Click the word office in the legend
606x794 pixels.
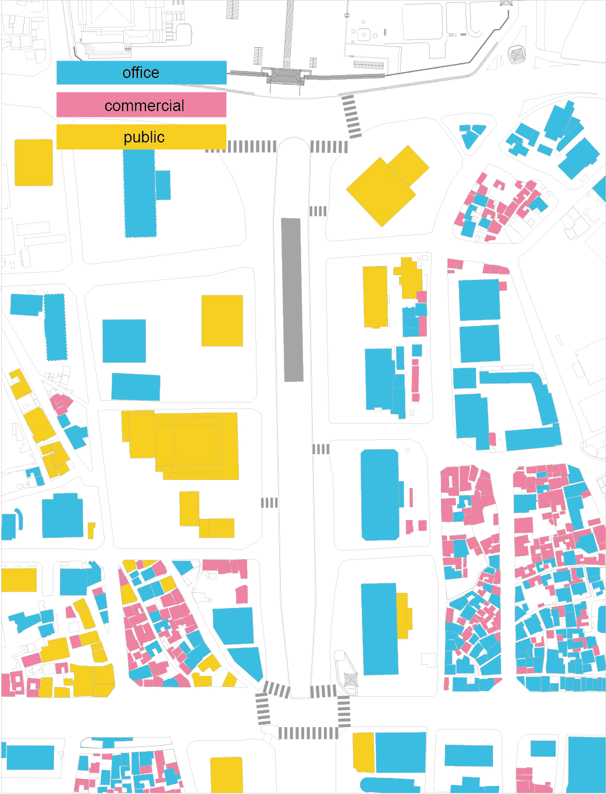click(x=141, y=73)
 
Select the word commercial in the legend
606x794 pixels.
click(x=144, y=106)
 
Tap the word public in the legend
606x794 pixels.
click(x=144, y=137)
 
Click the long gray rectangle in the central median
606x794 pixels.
click(x=292, y=300)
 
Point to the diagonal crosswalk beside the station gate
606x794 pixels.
click(x=351, y=116)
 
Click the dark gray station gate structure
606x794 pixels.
click(x=286, y=76)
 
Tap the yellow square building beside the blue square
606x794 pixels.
click(x=222, y=321)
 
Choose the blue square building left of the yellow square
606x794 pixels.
click(x=124, y=341)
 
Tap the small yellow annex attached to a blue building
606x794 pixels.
click(x=404, y=615)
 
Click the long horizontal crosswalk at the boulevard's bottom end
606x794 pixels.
click(x=308, y=733)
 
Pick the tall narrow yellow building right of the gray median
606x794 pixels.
click(x=375, y=297)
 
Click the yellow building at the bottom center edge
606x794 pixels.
click(x=226, y=775)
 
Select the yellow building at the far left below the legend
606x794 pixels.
click(x=34, y=162)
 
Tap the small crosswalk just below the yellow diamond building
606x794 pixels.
click(x=318, y=211)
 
